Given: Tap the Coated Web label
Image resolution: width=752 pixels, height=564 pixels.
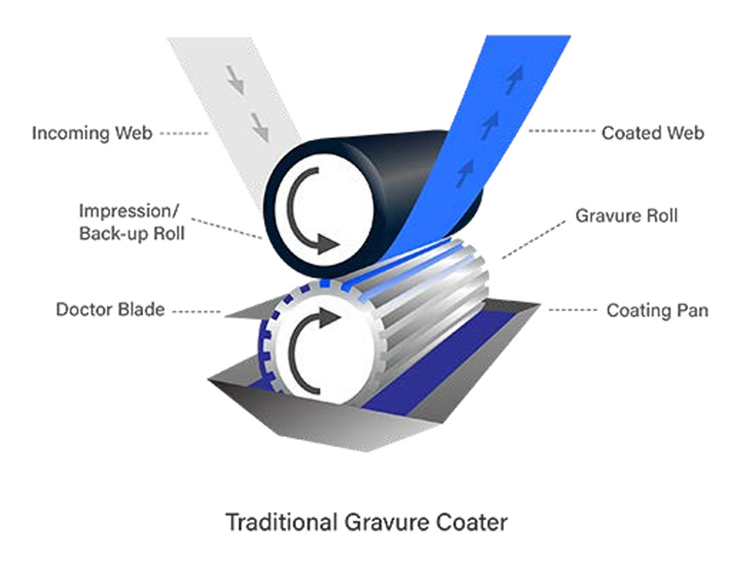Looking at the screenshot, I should pyautogui.click(x=652, y=133).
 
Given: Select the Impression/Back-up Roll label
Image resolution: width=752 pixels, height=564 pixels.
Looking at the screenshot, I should pyautogui.click(x=131, y=222).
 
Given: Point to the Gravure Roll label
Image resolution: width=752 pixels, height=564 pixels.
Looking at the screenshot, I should pyautogui.click(x=626, y=216).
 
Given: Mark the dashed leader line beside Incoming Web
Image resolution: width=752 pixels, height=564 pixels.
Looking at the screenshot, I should pyautogui.click(x=184, y=133).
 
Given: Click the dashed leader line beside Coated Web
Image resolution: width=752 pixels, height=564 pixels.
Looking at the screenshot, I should pyautogui.click(x=559, y=133).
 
